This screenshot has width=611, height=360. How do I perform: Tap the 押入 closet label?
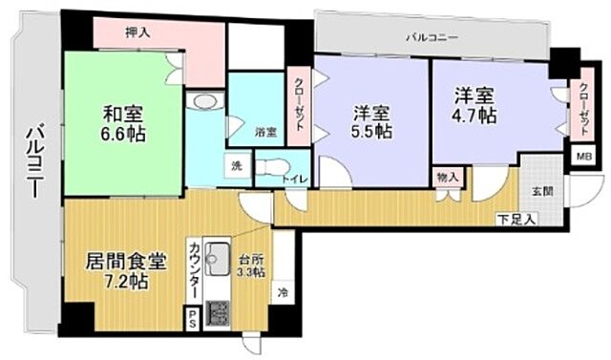pyautogui.click(x=138, y=32)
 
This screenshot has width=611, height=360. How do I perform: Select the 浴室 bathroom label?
pyautogui.click(x=265, y=132)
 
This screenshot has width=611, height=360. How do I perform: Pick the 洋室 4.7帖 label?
pyautogui.click(x=474, y=105)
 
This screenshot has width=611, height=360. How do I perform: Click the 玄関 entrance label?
pyautogui.click(x=542, y=189)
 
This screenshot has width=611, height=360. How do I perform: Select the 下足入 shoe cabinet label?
pyautogui.click(x=516, y=220)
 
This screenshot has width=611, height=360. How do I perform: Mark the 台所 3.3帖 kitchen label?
pyautogui.click(x=250, y=263)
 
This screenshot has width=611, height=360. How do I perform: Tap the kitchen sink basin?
pyautogui.click(x=218, y=257)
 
